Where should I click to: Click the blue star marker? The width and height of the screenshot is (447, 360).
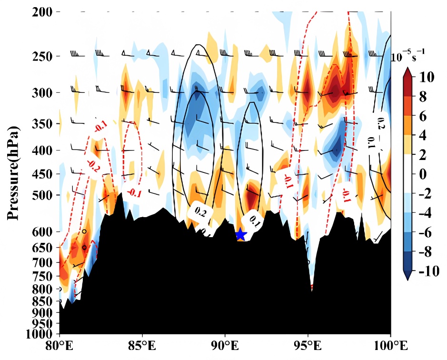tap(240, 234)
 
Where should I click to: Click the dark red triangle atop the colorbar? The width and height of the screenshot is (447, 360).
tap(408, 72)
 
